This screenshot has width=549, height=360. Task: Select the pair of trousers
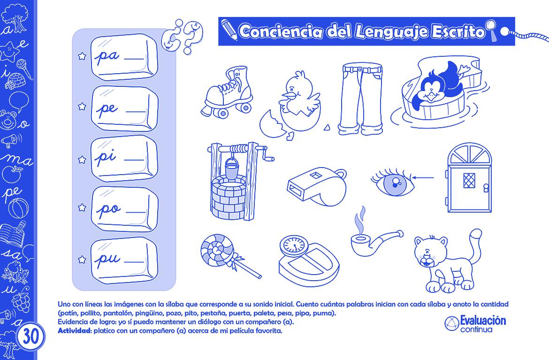pos(361,99)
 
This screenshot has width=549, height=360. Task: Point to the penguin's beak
pos(430,96)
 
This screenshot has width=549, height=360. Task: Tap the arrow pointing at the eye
pos(424,177)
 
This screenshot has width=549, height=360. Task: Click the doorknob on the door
pos(486,189)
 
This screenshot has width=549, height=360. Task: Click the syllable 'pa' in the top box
pos(108,57)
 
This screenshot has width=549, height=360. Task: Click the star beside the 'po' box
pos(82,207)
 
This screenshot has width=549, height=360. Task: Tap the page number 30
pos(31,337)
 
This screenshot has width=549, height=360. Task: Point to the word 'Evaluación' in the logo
pos(483,321)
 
